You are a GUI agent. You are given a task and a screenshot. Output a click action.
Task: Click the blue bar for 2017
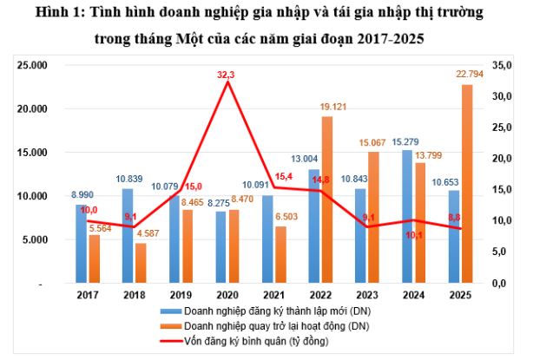(81, 245)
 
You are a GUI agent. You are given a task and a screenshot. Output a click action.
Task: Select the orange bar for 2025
(467, 184)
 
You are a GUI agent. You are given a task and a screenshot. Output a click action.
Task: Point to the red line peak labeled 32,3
(228, 82)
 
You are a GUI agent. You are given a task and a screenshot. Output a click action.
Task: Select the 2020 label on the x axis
(227, 296)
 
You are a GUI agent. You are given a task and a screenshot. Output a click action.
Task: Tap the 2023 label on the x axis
(366, 296)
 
